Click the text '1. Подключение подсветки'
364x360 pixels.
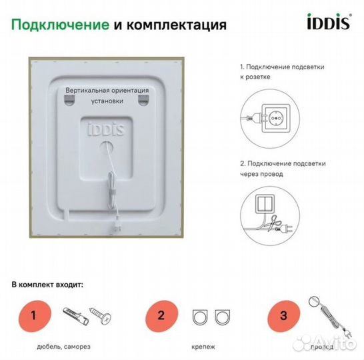click(x=273, y=67)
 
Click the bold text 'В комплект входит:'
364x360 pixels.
click(x=48, y=284)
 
